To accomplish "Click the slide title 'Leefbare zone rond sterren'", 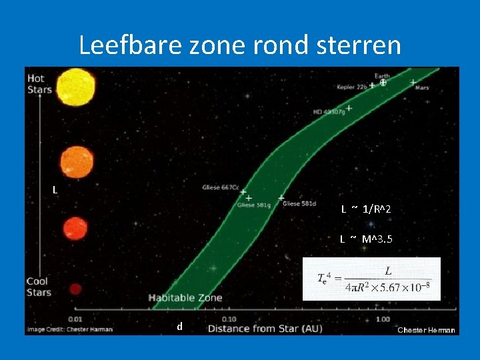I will click(240, 45).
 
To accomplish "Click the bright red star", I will click(75, 229).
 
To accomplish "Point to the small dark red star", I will click(75, 289).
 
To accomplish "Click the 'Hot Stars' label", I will click(39, 84).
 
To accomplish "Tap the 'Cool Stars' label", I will click(39, 287).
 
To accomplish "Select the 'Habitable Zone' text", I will click(185, 298).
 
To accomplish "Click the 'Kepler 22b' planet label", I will click(352, 87).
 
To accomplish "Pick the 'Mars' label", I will click(421, 88).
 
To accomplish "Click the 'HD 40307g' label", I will click(329, 112).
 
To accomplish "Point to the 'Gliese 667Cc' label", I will click(220, 188).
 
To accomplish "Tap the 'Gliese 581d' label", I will click(299, 204).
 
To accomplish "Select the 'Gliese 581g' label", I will click(254, 205).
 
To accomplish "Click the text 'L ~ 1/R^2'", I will click(366, 210).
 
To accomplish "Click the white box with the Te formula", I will click(371, 279).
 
